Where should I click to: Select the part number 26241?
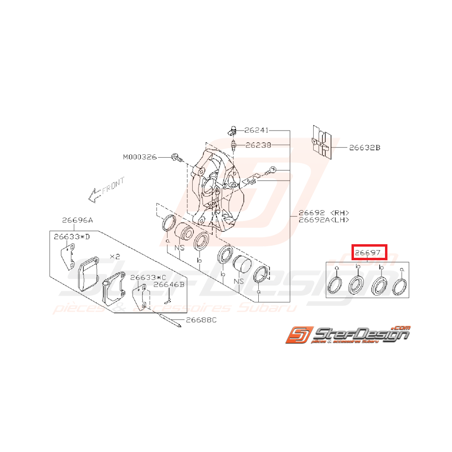pos(256,130)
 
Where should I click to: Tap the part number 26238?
pos(258,145)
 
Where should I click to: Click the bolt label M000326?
pos(140,157)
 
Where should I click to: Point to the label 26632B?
pos(365,147)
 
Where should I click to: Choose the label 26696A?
pos(77,220)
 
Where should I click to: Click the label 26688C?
pos(199,320)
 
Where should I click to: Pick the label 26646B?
pos(169,285)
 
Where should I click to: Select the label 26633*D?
pos(72,237)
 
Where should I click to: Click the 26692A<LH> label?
pos(323,220)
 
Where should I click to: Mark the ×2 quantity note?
pos(115,256)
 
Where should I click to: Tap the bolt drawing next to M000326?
pos(177,157)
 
